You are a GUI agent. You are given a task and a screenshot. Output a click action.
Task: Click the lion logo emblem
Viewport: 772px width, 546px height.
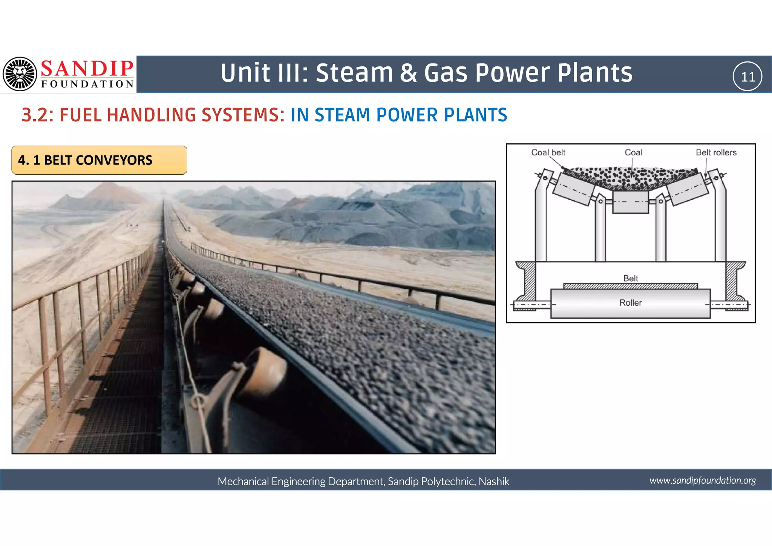click(x=20, y=74)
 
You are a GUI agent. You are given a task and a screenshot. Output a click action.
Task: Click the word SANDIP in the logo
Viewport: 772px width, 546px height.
click(x=87, y=69)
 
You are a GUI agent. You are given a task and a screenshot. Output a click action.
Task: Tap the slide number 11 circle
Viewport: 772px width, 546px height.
click(x=747, y=77)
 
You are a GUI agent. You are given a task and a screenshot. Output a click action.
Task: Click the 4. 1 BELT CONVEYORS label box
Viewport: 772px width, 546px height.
click(x=99, y=160)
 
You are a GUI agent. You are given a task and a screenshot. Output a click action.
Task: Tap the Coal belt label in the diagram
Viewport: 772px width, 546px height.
click(x=548, y=152)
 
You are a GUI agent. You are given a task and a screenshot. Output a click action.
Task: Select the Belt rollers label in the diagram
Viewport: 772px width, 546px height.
click(x=716, y=152)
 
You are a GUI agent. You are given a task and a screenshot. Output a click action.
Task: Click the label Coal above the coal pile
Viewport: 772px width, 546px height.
click(x=633, y=152)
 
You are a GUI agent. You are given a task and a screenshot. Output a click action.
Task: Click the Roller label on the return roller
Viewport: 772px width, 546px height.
click(x=630, y=303)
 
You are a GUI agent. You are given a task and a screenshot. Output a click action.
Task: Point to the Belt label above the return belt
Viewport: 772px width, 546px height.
click(x=630, y=278)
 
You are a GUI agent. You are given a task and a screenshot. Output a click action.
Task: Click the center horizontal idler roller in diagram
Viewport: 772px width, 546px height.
click(x=630, y=202)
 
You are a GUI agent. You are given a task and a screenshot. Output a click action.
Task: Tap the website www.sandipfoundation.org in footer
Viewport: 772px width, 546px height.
click(x=703, y=480)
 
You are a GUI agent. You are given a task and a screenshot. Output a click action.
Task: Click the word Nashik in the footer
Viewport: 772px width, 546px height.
click(x=494, y=481)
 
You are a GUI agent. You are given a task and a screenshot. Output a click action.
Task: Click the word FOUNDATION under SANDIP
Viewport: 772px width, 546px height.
click(x=87, y=84)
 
